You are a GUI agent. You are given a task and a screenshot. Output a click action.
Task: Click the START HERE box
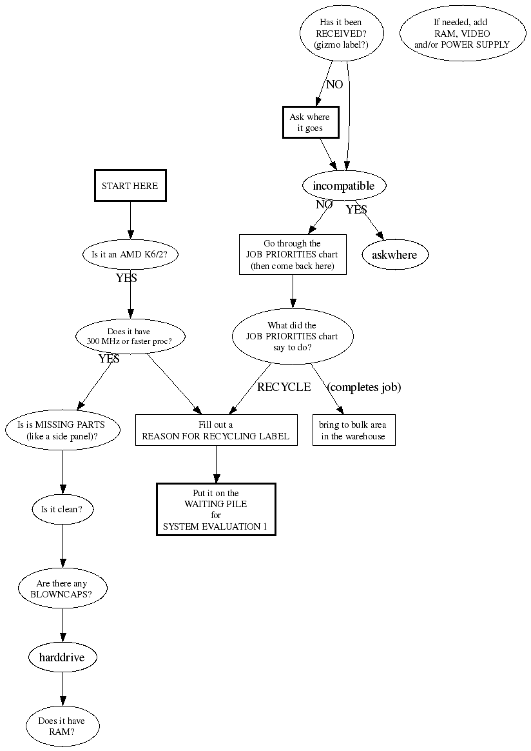[x=130, y=186]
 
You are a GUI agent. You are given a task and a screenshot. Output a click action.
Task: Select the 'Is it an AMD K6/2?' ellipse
[x=130, y=254]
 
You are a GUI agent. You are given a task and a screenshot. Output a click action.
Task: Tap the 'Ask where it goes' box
[x=309, y=123]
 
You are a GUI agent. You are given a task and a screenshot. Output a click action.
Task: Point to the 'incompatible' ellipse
[x=343, y=186]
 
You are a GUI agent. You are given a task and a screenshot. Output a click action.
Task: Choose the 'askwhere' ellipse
[x=394, y=255]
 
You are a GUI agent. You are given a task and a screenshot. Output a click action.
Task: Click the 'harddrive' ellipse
[x=63, y=657]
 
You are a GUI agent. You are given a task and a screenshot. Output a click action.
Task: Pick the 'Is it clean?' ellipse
[x=63, y=509]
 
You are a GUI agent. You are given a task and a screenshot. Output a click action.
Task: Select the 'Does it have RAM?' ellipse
[x=63, y=726]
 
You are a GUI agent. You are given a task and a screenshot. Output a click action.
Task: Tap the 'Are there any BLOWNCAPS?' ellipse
[x=63, y=589]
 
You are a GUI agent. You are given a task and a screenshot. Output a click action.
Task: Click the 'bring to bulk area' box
[x=353, y=430]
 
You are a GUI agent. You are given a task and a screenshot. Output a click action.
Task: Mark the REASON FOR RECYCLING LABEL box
[x=216, y=430]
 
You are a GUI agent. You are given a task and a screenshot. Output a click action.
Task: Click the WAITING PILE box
[x=216, y=509]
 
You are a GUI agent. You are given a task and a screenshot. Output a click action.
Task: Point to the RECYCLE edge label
[x=284, y=388]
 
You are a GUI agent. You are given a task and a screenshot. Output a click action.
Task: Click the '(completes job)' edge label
[x=364, y=388]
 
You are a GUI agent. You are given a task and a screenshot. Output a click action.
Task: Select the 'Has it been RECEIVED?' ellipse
[x=342, y=34]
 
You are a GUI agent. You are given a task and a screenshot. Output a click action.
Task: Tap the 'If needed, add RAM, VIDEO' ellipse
[x=461, y=34]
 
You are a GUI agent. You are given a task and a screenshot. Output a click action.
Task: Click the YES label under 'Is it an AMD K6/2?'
[x=126, y=279]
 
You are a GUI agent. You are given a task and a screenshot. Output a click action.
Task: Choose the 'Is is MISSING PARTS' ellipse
[x=63, y=430]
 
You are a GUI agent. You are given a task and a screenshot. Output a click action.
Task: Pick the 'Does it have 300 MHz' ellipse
[x=130, y=336]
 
